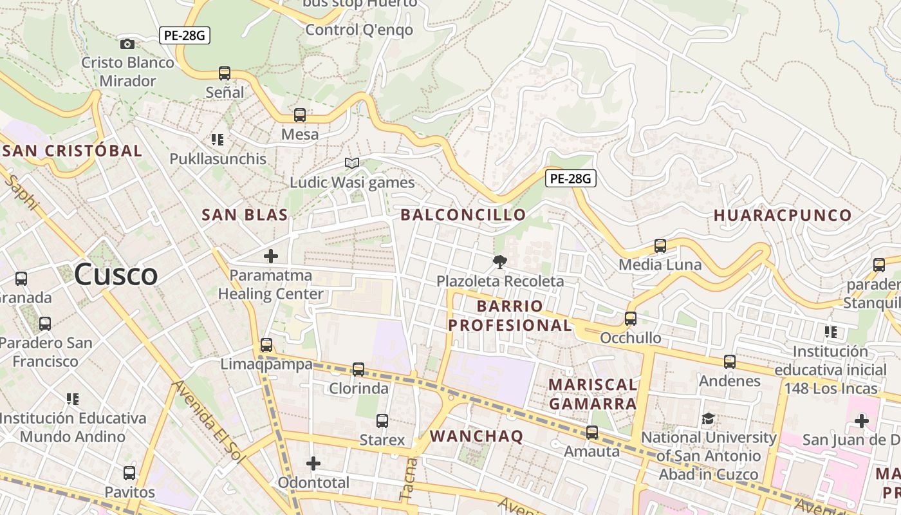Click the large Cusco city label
click(116, 275)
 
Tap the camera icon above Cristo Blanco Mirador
click(127, 44)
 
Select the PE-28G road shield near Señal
click(185, 35)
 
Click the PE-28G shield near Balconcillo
click(571, 178)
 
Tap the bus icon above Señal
click(225, 73)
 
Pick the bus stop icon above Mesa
click(300, 115)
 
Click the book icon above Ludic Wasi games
click(351, 163)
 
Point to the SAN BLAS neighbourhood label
click(245, 215)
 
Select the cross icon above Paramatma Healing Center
click(271, 256)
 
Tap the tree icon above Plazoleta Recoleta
click(499, 262)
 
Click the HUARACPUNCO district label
click(783, 215)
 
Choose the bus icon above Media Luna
click(660, 245)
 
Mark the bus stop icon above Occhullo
click(631, 319)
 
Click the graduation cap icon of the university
click(709, 418)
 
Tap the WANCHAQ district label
click(476, 436)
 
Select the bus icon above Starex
click(382, 421)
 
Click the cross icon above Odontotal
click(313, 464)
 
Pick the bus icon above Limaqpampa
click(266, 345)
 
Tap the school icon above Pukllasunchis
click(218, 139)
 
